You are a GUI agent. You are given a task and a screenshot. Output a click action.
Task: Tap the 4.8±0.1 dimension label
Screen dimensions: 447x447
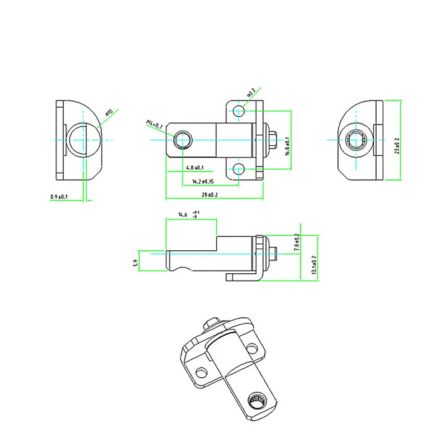click(x=194, y=168)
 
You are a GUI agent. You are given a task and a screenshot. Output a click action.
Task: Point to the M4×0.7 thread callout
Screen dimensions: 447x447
click(x=154, y=125)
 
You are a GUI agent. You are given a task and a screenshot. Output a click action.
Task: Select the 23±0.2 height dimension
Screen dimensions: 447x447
click(x=397, y=145)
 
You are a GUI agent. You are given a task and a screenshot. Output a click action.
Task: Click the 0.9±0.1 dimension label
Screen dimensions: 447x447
click(x=59, y=197)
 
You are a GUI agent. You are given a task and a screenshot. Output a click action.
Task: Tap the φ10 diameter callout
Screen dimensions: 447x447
click(x=108, y=113)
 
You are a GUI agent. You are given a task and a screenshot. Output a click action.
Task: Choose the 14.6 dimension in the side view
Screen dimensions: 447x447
click(x=183, y=215)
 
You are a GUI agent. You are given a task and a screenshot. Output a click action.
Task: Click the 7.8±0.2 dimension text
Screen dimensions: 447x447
click(x=296, y=243)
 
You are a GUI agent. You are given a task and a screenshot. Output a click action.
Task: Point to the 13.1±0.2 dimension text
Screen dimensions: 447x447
click(x=314, y=264)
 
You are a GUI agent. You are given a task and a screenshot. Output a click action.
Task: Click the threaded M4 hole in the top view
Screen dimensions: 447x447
click(x=183, y=139)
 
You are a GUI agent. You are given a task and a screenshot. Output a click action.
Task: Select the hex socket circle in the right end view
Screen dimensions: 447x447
click(x=356, y=140)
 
